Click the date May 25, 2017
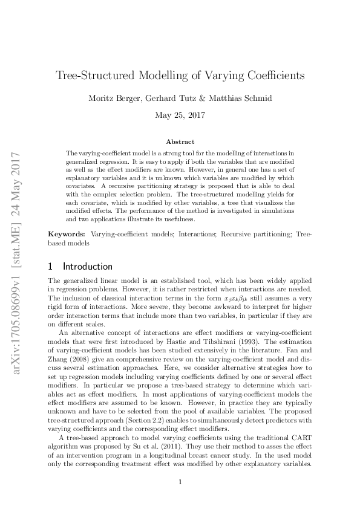click(x=180, y=114)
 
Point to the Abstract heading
click(x=180, y=141)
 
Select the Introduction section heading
click(x=88, y=267)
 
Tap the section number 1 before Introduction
click(x=51, y=267)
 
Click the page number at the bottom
click(x=180, y=482)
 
